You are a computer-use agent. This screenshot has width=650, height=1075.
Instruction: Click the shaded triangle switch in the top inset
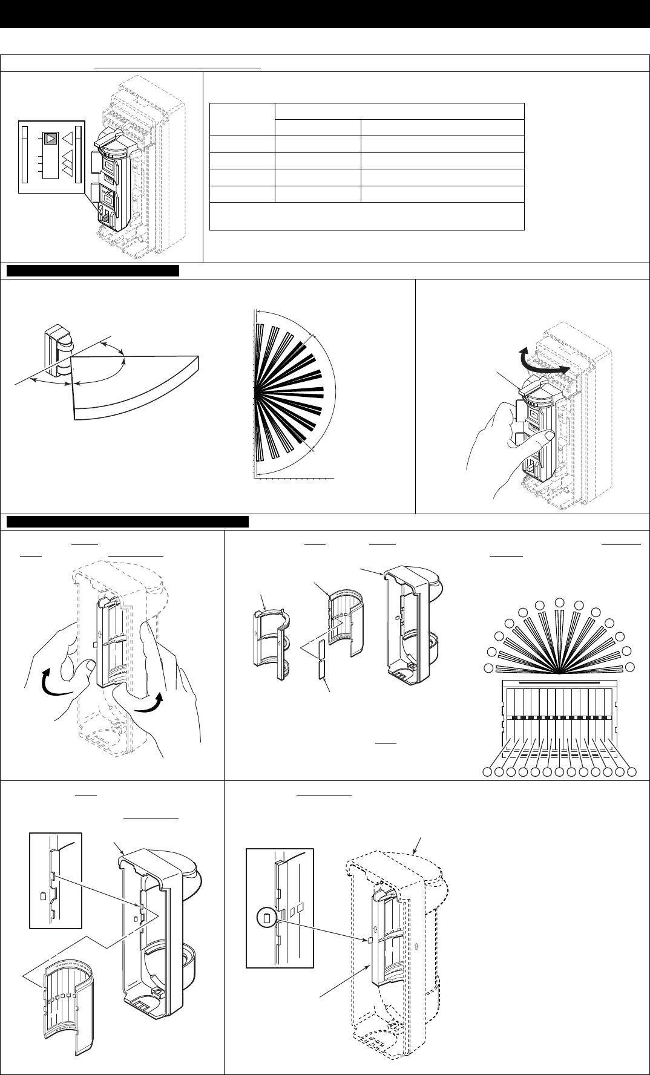coord(50,139)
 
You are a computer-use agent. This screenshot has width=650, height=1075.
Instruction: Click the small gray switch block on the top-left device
coord(106,215)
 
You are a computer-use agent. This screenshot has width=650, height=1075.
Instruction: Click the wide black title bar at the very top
coord(325,14)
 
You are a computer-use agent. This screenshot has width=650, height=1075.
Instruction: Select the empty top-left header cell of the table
coord(241,119)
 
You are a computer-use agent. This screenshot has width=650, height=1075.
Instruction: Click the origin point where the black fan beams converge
coord(256,391)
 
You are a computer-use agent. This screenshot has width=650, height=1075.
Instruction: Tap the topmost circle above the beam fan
coord(560,601)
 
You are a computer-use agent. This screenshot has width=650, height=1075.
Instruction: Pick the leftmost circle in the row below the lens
coord(487,772)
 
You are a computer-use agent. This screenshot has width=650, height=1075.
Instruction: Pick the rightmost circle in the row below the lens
coord(632,772)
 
